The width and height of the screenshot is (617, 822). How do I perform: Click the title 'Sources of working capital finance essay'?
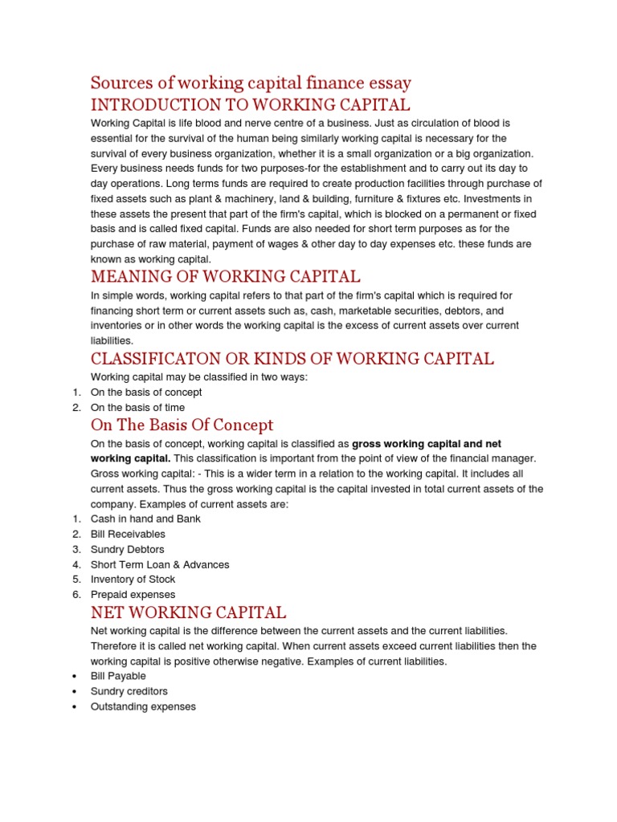251,83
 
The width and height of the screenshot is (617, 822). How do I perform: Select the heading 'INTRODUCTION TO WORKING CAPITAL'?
251,104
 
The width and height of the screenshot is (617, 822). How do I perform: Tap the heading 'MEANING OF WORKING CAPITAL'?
226,277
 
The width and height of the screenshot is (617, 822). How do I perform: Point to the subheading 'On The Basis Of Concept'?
182,425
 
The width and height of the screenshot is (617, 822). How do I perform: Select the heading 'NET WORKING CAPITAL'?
189,612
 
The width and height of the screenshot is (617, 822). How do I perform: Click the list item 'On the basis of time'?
137,408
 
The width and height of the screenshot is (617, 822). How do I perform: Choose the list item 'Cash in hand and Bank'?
145,519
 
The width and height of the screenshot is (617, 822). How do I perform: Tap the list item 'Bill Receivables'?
128,534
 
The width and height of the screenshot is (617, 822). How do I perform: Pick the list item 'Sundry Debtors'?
127,549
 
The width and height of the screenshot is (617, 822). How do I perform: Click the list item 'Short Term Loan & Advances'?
160,564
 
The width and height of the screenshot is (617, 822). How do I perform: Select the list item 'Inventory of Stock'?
133,579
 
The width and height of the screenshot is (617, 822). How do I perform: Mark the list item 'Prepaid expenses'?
133,594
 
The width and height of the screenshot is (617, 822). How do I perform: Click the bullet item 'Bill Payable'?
118,676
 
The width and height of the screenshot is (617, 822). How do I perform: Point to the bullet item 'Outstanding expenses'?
143,706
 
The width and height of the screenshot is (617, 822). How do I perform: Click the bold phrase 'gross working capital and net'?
427,443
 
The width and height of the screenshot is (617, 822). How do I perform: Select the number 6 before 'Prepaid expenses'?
76,594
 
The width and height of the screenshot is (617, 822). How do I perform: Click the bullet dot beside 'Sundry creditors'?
74,691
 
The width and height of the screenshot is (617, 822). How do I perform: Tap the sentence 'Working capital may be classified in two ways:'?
198,377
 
